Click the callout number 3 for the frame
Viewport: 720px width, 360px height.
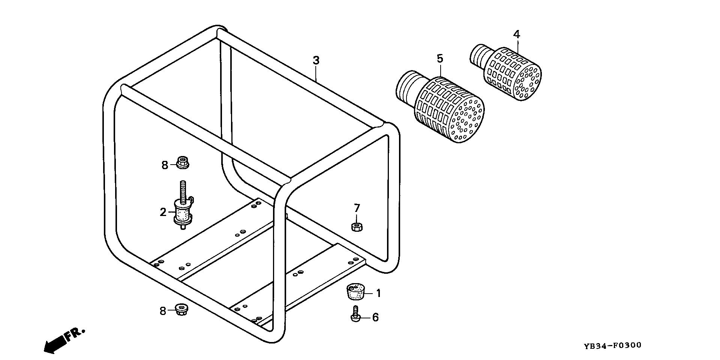pyautogui.click(x=316, y=60)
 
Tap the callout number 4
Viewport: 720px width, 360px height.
pyautogui.click(x=516, y=34)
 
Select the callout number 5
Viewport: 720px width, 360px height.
pyautogui.click(x=440, y=58)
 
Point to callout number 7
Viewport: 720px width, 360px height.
pyautogui.click(x=357, y=208)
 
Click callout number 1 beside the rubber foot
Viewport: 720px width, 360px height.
pyautogui.click(x=378, y=293)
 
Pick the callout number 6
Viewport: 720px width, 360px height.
pyautogui.click(x=375, y=318)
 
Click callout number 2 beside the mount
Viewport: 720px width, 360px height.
pyautogui.click(x=163, y=212)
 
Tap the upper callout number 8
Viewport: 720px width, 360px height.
pyautogui.click(x=165, y=165)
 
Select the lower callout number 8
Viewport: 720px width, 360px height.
pyautogui.click(x=163, y=311)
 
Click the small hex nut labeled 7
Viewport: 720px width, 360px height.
pyautogui.click(x=356, y=226)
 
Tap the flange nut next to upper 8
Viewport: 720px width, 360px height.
pyautogui.click(x=183, y=163)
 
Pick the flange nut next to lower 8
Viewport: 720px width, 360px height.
pyautogui.click(x=181, y=309)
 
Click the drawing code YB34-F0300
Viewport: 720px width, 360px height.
pyautogui.click(x=612, y=345)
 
